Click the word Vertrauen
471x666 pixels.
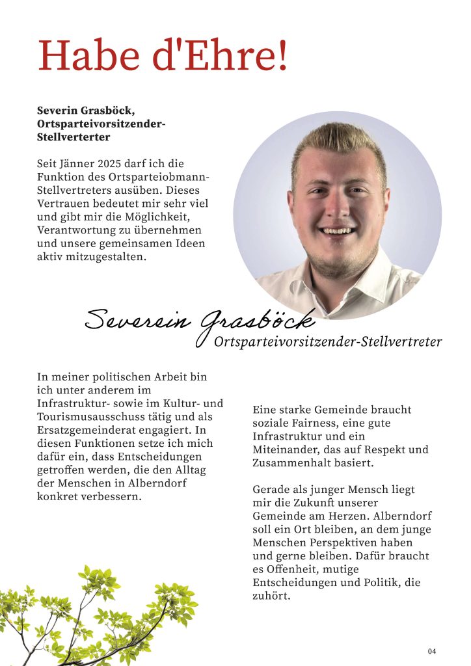[65, 204]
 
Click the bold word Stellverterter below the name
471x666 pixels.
[74, 137]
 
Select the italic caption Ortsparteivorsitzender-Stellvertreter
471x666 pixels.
[328, 342]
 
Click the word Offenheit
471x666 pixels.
[289, 569]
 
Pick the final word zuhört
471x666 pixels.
[269, 596]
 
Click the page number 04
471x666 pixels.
[432, 651]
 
